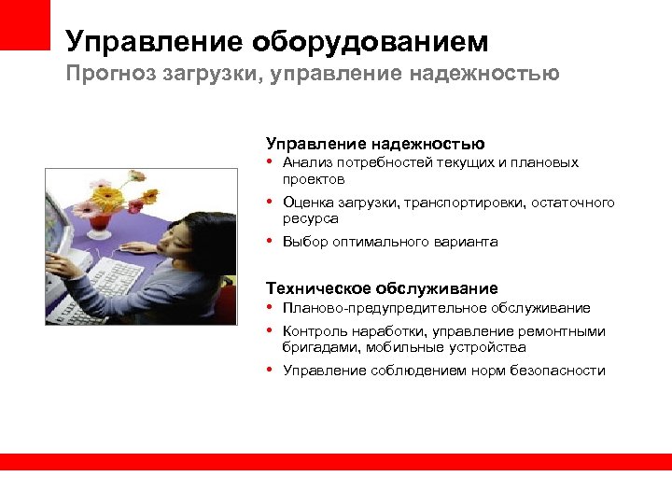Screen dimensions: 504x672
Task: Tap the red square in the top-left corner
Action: click(24, 24)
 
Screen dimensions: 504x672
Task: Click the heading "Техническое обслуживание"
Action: click(382, 288)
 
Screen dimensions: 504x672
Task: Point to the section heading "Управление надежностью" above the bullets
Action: click(375, 143)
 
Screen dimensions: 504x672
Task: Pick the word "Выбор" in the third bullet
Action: click(303, 242)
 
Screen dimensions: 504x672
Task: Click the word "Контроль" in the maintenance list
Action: click(315, 331)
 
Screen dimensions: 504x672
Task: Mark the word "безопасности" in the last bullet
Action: click(557, 371)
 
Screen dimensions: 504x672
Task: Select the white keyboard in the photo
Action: click(107, 280)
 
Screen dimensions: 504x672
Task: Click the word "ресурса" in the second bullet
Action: click(310, 218)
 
